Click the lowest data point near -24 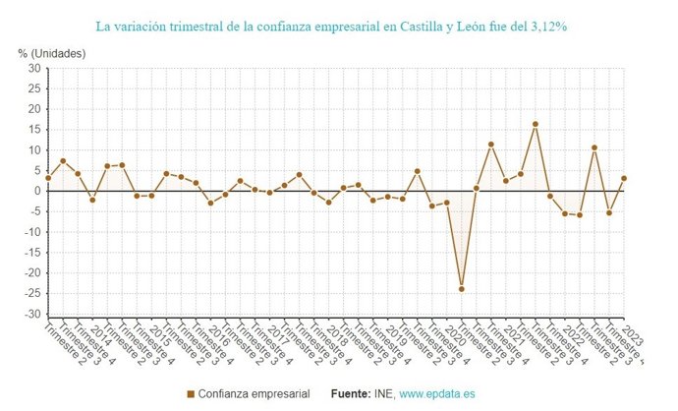pyautogui.click(x=462, y=289)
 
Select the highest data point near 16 pyautogui.click(x=536, y=124)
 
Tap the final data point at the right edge pyautogui.click(x=624, y=178)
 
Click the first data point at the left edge pyautogui.click(x=48, y=178)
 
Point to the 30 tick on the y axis pyautogui.click(x=33, y=69)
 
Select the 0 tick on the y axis pyautogui.click(x=36, y=191)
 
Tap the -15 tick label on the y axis pyautogui.click(x=31, y=253)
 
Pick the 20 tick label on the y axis pyautogui.click(x=33, y=109)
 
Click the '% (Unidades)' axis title pyautogui.click(x=51, y=52)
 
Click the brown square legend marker pyautogui.click(x=190, y=394)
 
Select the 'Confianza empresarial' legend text pyautogui.click(x=254, y=394)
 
